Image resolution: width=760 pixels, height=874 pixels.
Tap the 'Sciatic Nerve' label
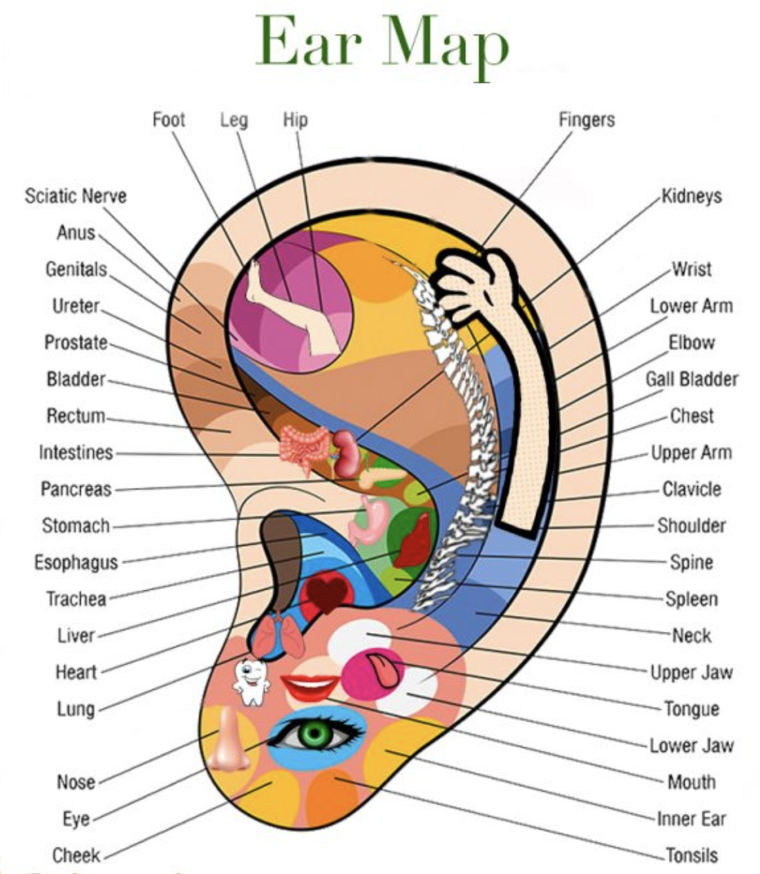[76, 196]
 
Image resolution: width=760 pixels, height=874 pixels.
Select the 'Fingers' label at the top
[587, 120]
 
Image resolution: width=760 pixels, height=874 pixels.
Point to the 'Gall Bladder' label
[692, 379]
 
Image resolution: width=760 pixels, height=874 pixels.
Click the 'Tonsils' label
[692, 855]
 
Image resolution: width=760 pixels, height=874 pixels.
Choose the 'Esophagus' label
[76, 563]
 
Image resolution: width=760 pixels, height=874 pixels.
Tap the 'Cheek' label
[76, 855]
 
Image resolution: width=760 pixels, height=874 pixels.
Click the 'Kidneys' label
[692, 196]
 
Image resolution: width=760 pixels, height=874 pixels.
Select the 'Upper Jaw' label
[692, 672]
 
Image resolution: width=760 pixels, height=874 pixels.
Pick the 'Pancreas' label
[76, 489]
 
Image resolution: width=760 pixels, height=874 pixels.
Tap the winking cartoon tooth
[251, 683]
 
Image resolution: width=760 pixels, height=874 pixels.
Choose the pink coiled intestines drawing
[305, 449]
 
